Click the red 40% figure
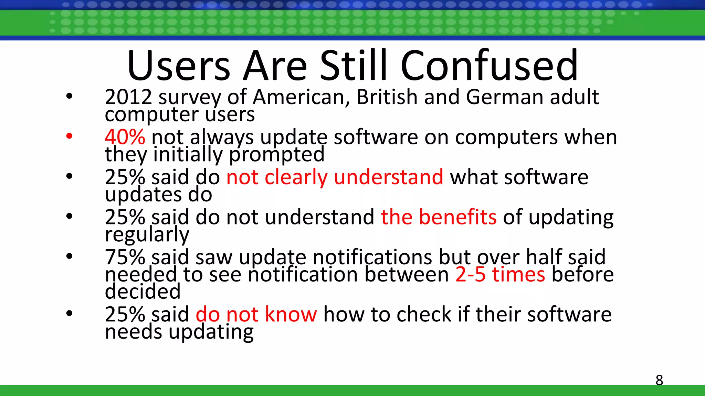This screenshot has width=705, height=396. point(125,137)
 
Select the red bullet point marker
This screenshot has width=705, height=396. point(69,136)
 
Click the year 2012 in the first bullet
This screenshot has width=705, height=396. point(128,97)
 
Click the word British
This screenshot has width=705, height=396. point(387,97)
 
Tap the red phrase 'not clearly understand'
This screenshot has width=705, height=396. point(335,177)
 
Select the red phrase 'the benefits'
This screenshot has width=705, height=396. point(439,217)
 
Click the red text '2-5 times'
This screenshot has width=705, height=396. point(500,274)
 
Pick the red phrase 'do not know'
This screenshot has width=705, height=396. point(256,314)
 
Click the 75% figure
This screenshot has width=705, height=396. point(125,257)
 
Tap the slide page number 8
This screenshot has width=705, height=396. point(659,380)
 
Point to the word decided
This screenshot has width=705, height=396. point(143,291)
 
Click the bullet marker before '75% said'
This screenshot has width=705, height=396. point(69,256)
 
